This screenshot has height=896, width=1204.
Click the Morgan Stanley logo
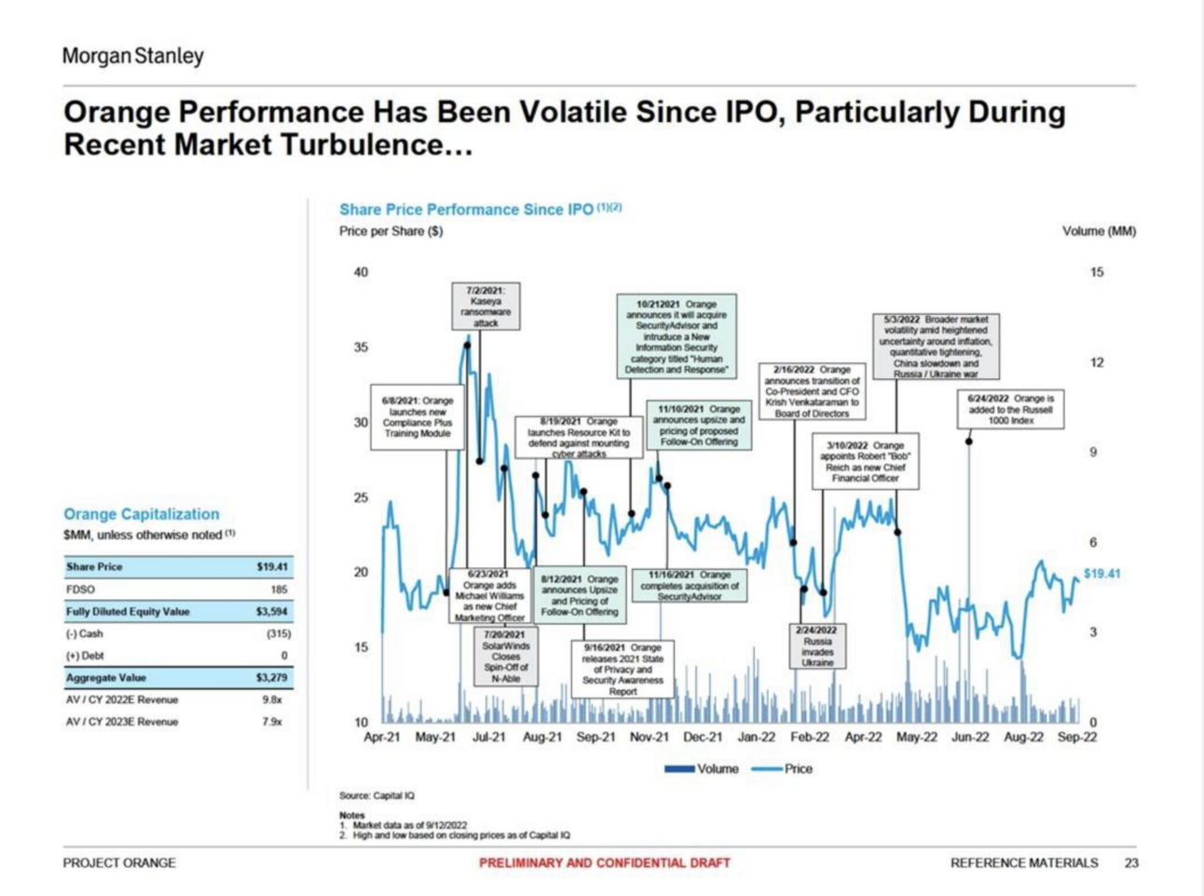coord(132,56)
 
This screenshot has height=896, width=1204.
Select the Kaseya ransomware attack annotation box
coord(486,306)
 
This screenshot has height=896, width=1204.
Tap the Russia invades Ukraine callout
coord(817,646)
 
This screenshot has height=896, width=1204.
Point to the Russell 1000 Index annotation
coord(1010,410)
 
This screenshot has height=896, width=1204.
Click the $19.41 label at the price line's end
coord(1101,574)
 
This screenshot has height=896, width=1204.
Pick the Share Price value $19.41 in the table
coord(272,566)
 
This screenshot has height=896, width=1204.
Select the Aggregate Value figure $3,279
coord(271,677)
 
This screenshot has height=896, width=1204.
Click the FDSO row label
coord(80,590)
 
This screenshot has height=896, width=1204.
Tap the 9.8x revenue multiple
coord(272,699)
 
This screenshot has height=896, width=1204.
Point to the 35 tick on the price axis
coord(361,347)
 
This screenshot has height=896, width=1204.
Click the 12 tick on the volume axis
coord(1097,362)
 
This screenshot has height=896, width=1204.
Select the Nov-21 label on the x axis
coord(650,737)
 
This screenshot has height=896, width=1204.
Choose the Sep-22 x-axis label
coord(1076,737)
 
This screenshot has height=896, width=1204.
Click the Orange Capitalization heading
coord(141,514)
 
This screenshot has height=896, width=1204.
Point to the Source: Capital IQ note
coord(376,795)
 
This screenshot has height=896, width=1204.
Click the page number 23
coord(1131,862)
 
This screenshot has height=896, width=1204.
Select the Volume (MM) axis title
coord(1099,231)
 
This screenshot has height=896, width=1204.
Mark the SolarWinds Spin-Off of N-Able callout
coord(505,657)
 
